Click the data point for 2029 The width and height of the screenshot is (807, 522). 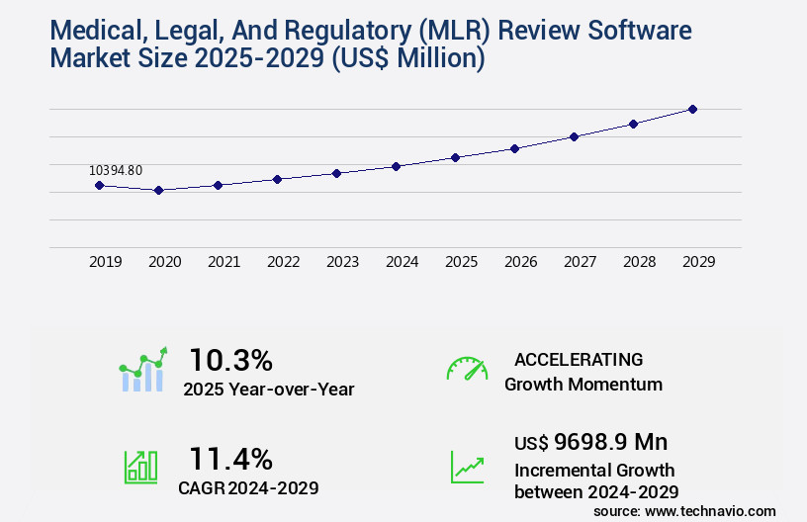(x=692, y=109)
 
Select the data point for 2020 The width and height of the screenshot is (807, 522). (x=158, y=190)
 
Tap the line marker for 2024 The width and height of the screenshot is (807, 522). (x=396, y=166)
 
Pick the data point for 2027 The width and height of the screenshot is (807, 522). (x=574, y=136)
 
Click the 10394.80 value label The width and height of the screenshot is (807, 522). (x=116, y=170)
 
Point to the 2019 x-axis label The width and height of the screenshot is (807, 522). (x=105, y=262)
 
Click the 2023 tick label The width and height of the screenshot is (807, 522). (x=342, y=262)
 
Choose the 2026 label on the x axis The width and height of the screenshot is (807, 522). (x=520, y=262)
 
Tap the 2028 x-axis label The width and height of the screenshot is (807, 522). (x=639, y=262)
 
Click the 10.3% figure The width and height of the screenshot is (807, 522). (x=230, y=359)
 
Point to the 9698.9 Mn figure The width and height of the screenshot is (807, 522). (x=596, y=442)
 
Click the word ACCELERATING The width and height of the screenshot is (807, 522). (x=579, y=359)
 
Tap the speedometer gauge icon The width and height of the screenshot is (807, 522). (x=467, y=368)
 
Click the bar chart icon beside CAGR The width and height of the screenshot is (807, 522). (x=140, y=466)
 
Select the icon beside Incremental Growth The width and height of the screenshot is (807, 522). (x=467, y=466)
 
